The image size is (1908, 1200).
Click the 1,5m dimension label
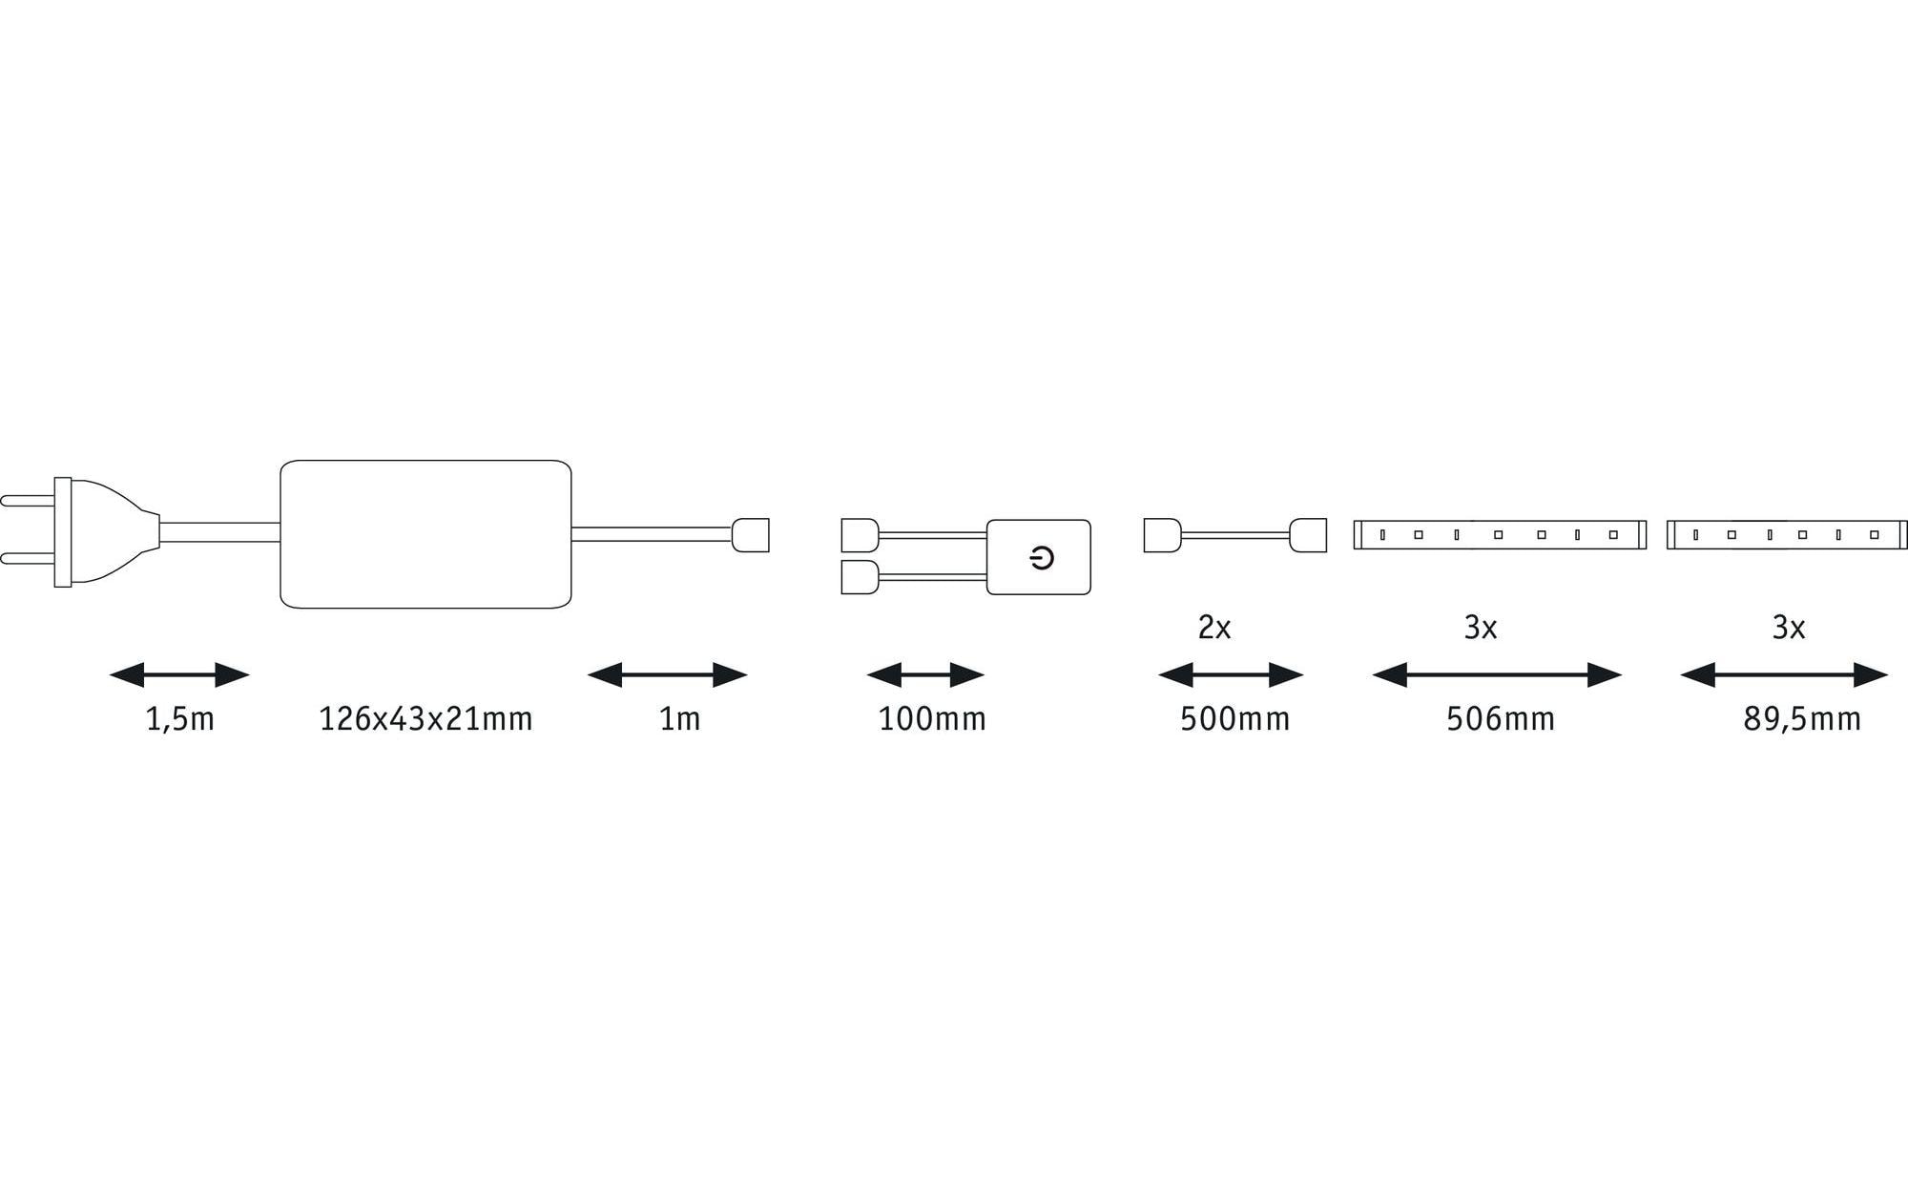pos(179,719)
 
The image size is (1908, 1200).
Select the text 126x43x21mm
pos(425,719)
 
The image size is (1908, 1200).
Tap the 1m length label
pos(679,719)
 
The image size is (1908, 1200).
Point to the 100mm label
pos(932,719)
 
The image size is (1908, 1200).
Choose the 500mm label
pos(1234,719)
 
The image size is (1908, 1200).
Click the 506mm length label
pos(1500,719)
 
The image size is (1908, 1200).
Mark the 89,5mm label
pos(1801,719)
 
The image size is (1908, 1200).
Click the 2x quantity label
pos(1213,628)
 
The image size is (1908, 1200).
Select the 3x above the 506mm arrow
pos(1480,628)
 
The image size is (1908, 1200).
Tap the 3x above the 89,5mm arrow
pos(1788,628)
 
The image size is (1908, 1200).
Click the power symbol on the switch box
pos(1042,558)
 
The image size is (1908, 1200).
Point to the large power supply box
pos(425,534)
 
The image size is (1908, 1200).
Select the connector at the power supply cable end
pos(750,534)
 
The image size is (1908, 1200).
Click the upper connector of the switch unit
pos(860,535)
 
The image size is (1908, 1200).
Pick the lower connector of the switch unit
pos(860,577)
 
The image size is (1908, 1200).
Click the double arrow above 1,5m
pos(179,675)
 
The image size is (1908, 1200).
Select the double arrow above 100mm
pos(925,675)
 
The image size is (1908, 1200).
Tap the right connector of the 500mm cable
pos(1307,535)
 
